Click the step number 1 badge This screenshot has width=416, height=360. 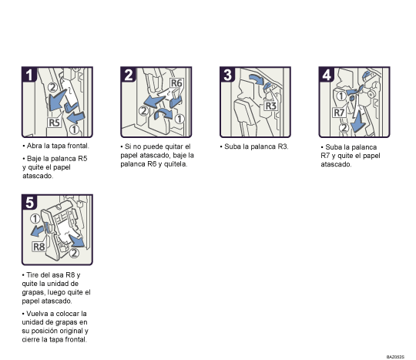pyautogui.click(x=29, y=75)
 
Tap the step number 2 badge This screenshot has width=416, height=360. pyautogui.click(x=128, y=75)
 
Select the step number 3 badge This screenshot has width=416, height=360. pyautogui.click(x=227, y=75)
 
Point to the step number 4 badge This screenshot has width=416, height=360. pyautogui.click(x=327, y=75)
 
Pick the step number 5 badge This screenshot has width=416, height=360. pyautogui.click(x=29, y=202)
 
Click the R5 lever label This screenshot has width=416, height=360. pyautogui.click(x=55, y=123)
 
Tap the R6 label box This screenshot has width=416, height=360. pyautogui.click(x=176, y=82)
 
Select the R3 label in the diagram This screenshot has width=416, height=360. pyautogui.click(x=271, y=106)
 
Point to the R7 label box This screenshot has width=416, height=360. pyautogui.click(x=339, y=113)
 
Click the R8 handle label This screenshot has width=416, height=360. pyautogui.click(x=39, y=247)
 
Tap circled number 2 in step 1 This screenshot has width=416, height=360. pyautogui.click(x=53, y=87)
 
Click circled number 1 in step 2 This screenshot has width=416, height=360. pyautogui.click(x=179, y=119)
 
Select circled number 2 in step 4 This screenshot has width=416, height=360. pyautogui.click(x=344, y=128)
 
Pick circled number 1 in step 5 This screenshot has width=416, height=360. pyautogui.click(x=35, y=219)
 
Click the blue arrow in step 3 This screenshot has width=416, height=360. pyautogui.click(x=257, y=79)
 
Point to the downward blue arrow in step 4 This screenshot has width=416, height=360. pyautogui.click(x=358, y=121)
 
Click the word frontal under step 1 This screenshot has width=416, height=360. pyautogui.click(x=78, y=146)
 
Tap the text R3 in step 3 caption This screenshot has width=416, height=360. pyautogui.click(x=283, y=146)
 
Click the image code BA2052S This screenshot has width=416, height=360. pyautogui.click(x=395, y=357)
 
